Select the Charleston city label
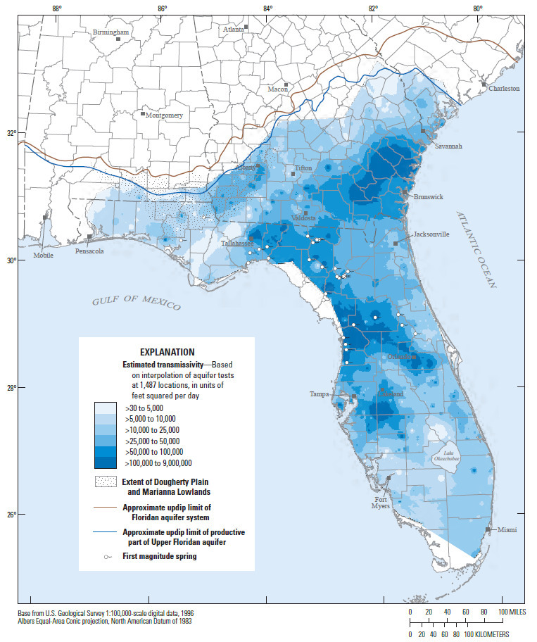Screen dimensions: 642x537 505,89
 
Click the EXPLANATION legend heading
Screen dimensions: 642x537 168,352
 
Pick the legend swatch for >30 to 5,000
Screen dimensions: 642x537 107,408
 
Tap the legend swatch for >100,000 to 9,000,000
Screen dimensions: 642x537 107,462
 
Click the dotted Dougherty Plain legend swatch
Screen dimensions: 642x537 107,481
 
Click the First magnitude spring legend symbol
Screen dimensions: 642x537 107,557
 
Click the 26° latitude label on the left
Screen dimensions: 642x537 12,514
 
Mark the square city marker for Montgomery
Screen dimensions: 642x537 143,114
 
